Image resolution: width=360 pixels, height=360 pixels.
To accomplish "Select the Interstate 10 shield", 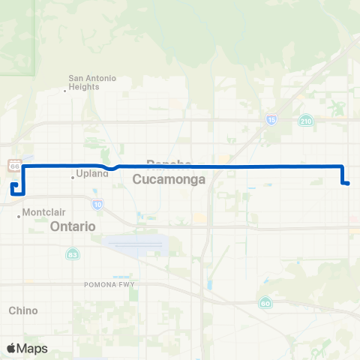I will coord(98,203).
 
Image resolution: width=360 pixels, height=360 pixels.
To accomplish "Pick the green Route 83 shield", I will coord(71,253).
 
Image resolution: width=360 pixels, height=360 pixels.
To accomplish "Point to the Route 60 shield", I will coord(265,303).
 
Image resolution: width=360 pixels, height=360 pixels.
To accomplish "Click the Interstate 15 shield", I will coord(271,119).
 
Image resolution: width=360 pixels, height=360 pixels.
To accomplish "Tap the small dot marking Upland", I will coord(73,177).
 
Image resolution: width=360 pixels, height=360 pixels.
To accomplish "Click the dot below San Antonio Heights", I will coord(65,91).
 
